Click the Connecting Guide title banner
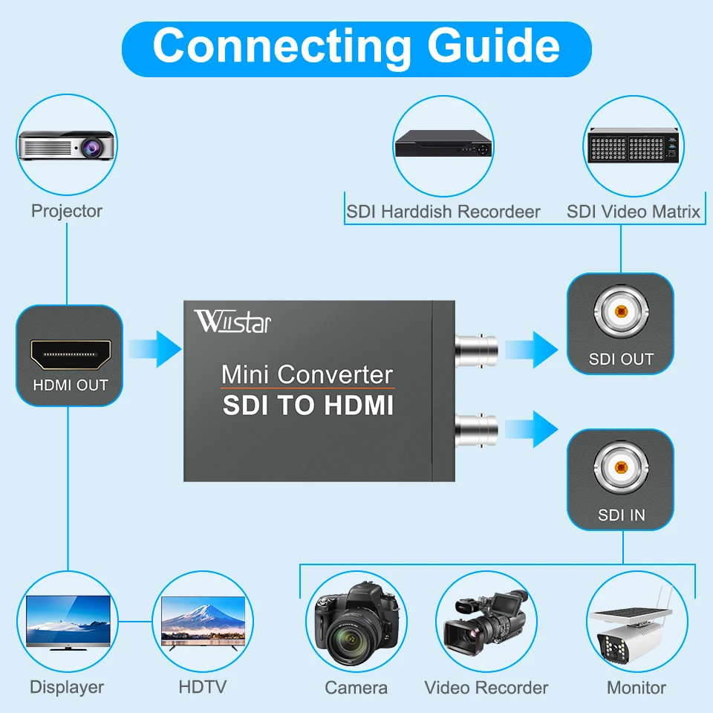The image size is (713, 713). tap(356, 46)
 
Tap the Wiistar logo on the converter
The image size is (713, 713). tap(232, 322)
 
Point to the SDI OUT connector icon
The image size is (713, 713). tap(620, 313)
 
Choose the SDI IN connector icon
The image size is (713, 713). tap(620, 469)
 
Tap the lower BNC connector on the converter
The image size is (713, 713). tap(476, 429)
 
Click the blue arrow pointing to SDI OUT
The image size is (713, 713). tap(531, 348)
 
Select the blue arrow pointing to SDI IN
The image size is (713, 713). tap(531, 429)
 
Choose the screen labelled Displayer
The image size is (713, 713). tap(68, 622)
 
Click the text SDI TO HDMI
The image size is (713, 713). tap(308, 406)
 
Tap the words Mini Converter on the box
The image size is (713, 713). tap(307, 374)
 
